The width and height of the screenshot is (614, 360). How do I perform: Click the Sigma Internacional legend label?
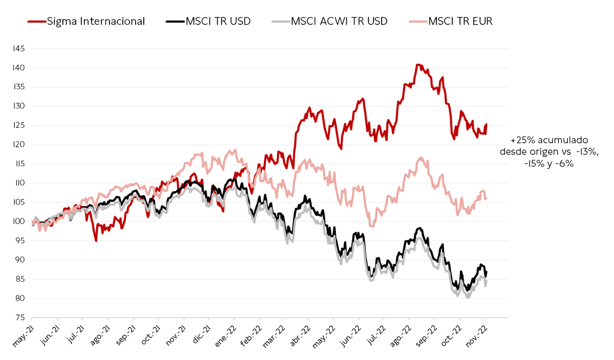pos(96,21)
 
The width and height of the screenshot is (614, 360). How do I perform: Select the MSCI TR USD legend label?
pos(218,21)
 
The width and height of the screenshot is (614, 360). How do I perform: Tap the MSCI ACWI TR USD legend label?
pos(339,21)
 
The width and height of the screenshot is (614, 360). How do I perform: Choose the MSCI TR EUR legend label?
pos(461,21)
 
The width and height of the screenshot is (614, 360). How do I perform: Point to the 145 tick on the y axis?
pos(19,49)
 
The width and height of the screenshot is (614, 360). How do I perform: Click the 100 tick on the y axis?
pos(18,221)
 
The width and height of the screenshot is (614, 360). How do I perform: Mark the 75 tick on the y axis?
pos(19,318)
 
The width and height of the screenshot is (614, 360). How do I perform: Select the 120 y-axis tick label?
pos(19,145)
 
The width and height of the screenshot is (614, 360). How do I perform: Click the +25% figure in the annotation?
pos(523,140)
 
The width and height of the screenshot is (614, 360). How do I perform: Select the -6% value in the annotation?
pos(565,164)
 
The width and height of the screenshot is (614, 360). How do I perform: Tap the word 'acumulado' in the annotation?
pos(563,140)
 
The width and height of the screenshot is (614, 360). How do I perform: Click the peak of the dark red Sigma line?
pos(418,64)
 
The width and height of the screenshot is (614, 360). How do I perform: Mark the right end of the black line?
pos(487,272)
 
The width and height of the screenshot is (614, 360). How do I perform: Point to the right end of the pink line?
pos(487,198)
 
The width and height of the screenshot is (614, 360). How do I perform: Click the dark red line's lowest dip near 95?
pos(96,241)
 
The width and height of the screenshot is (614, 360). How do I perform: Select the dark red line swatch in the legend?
pos(37,21)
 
